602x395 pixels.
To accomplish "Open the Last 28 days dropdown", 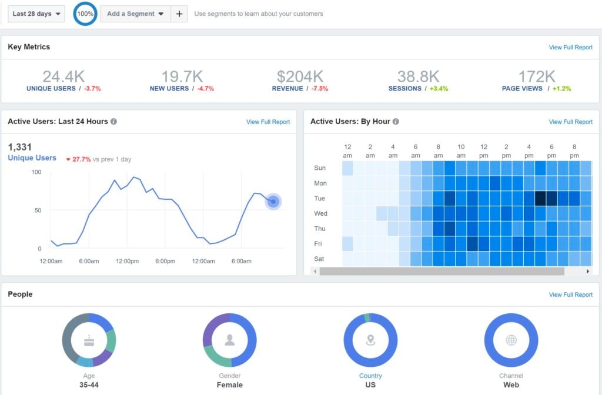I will point(36,14).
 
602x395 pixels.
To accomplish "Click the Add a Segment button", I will point(135,14).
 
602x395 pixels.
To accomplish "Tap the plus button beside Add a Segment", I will point(179,14).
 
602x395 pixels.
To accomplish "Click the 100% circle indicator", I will point(85,14).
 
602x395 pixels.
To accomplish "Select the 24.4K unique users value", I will point(63,76).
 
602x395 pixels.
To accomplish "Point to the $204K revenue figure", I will point(300,76).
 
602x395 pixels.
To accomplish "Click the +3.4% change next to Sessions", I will point(439,89).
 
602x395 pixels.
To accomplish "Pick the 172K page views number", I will point(536,76).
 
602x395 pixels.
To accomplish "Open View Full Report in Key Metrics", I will point(570,48).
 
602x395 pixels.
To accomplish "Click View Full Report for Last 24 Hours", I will point(267,122).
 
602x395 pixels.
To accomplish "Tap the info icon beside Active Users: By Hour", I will point(396,122).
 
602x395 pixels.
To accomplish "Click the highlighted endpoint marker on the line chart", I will point(273,202).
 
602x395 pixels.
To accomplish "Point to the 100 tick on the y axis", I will point(36,172).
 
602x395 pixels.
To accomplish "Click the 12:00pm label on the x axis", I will point(127,261).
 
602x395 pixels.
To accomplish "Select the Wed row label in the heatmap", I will point(321,213).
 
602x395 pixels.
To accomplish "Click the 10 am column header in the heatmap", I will point(461,150).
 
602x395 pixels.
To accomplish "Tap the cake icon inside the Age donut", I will point(89,340).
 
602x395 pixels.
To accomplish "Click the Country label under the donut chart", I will point(370,376).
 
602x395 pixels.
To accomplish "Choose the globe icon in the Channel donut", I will point(511,340).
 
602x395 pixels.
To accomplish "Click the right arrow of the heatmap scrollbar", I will point(588,272).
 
